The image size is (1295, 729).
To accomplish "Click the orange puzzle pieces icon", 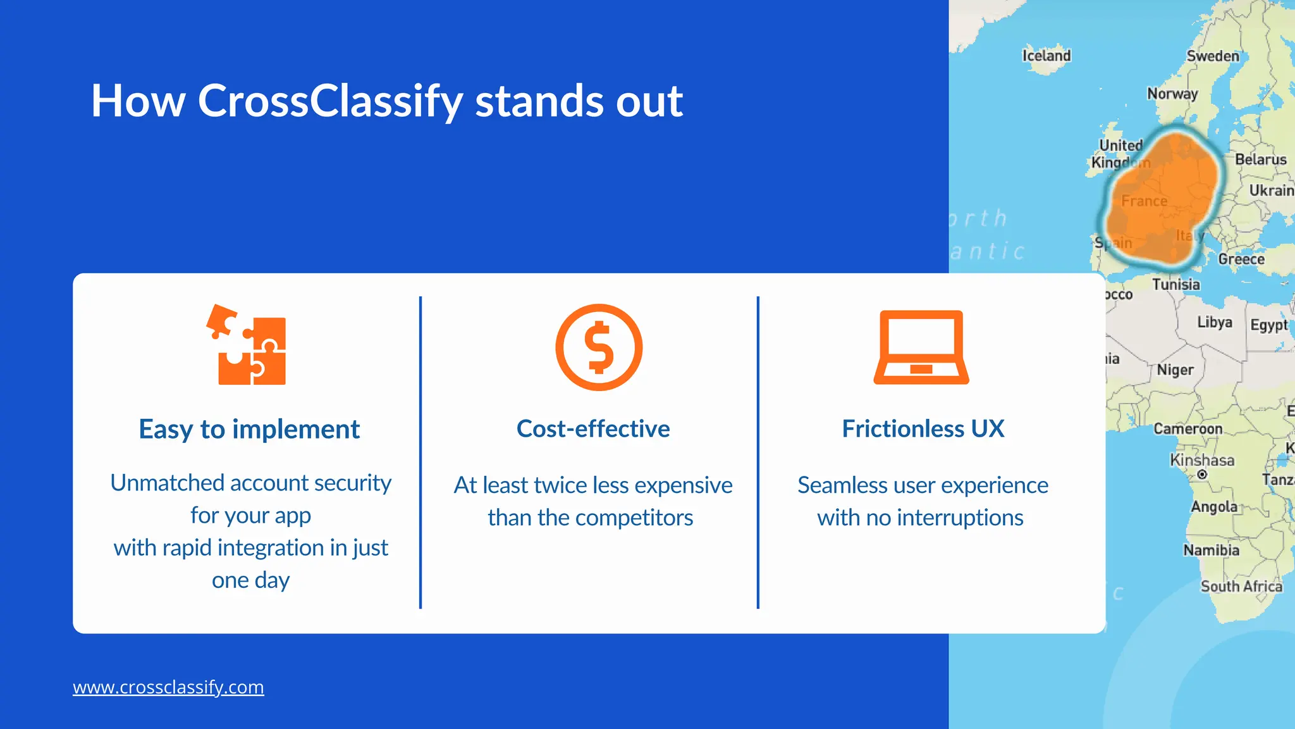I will click(247, 346).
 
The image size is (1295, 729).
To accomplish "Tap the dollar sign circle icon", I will click(599, 347).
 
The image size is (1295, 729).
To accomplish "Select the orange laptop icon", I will click(921, 347).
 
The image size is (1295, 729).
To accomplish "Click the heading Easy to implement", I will click(249, 430).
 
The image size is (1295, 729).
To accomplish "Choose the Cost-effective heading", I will click(593, 429).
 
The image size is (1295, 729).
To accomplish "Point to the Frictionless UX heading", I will click(923, 429).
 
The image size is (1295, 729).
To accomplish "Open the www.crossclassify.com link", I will click(168, 687).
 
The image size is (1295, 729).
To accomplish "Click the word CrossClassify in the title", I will click(330, 101).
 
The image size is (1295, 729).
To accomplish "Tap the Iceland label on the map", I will click(1046, 56).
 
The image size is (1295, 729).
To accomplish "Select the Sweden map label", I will click(1213, 56).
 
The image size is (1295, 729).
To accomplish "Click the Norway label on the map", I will click(1172, 94).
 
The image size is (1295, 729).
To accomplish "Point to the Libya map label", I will click(1215, 322).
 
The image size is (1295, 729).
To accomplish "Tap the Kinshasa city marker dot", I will click(1202, 475).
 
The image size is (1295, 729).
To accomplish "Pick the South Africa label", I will click(1241, 587).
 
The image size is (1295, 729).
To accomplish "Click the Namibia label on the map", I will click(1211, 550).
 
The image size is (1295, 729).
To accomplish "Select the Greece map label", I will click(1241, 259).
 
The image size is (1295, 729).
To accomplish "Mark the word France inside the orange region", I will click(1144, 201).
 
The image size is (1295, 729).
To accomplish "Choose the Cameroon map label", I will click(1188, 429).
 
